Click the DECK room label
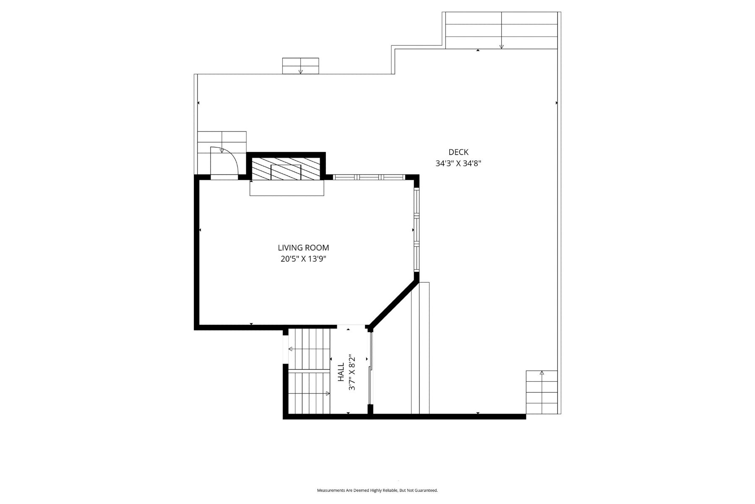(458, 152)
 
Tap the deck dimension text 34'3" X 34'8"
(458, 163)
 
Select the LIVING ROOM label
(303, 248)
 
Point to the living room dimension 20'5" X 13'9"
(303, 259)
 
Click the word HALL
(341, 373)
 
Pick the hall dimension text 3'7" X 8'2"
(352, 372)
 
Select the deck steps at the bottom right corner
(542, 392)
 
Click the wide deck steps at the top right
(501, 30)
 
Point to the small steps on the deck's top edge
(300, 66)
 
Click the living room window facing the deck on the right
(417, 230)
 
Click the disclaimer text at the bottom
(377, 490)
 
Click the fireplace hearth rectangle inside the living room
(287, 188)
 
